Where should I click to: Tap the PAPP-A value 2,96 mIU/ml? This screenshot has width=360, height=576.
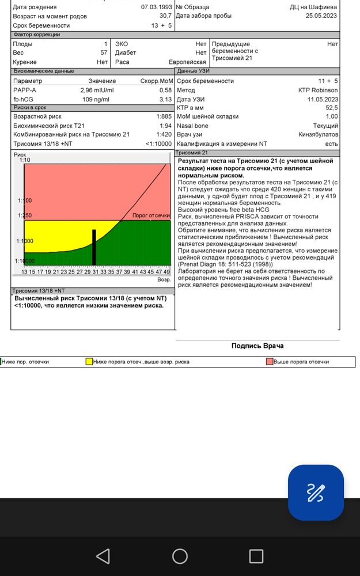click(x=97, y=90)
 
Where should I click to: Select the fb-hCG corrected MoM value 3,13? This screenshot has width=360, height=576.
click(x=165, y=100)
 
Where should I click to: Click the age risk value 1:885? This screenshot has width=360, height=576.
click(x=164, y=116)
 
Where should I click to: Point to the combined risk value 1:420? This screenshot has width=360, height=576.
click(x=164, y=134)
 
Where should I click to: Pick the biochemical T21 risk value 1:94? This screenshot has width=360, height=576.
click(x=165, y=126)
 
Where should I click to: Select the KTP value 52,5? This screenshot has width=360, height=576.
click(x=331, y=108)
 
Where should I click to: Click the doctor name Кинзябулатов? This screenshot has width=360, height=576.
click(x=318, y=134)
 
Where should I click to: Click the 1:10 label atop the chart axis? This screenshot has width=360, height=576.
click(x=25, y=160)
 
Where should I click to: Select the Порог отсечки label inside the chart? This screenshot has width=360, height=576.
click(x=151, y=215)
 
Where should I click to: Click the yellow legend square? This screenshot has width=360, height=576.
click(x=89, y=362)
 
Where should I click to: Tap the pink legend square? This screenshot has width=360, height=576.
click(x=270, y=362)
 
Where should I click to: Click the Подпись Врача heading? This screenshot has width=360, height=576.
click(x=257, y=346)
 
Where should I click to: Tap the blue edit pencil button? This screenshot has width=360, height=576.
click(x=316, y=492)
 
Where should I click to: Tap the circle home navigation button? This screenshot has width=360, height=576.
click(x=180, y=556)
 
